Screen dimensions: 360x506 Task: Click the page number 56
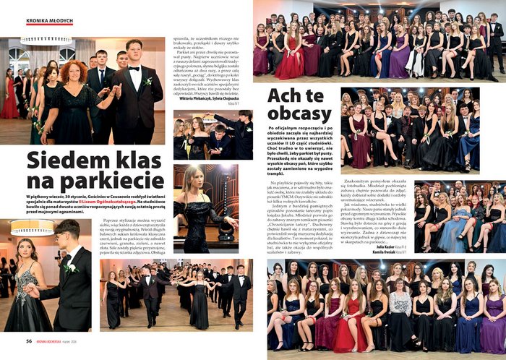tap(28, 340)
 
